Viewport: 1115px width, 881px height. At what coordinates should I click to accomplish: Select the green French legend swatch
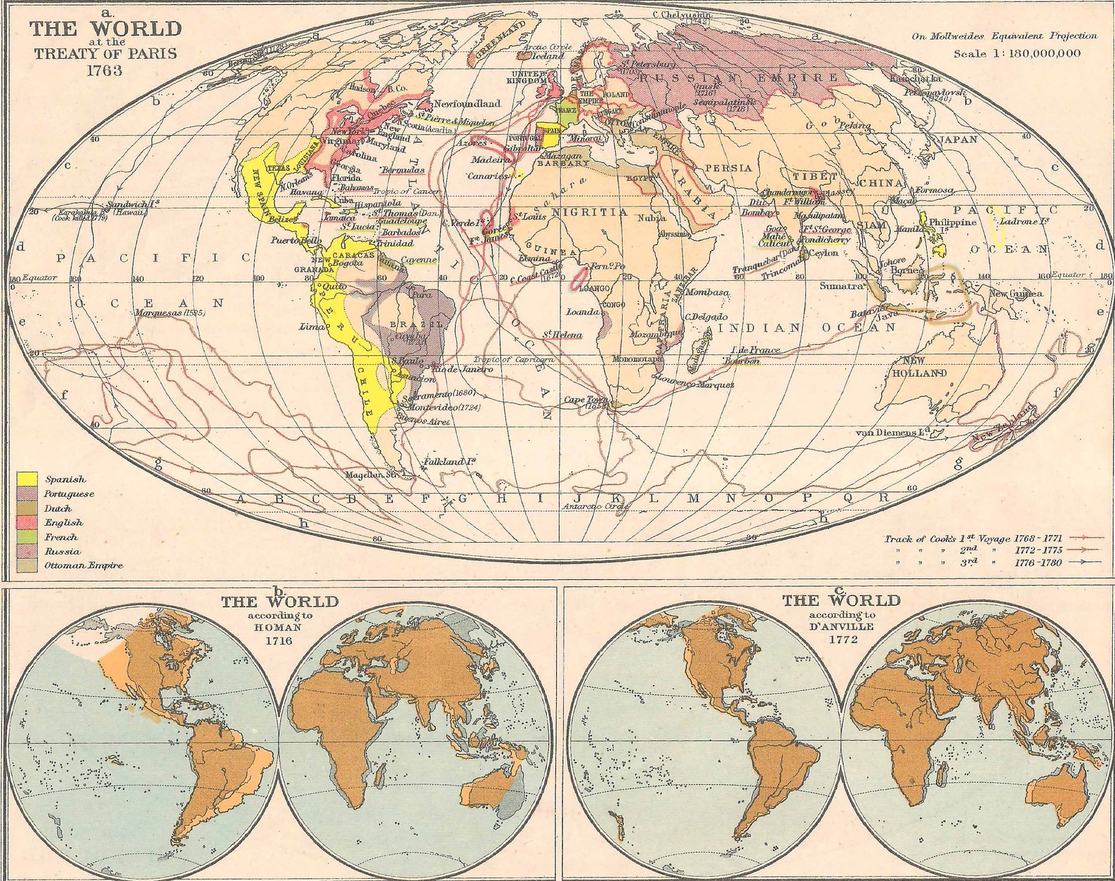coord(27,536)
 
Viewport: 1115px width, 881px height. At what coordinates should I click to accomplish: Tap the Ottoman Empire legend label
coord(83,565)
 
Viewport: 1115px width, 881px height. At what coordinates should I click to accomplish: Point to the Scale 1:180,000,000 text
coord(1017,53)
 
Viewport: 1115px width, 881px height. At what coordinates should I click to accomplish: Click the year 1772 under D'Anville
coord(840,640)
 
